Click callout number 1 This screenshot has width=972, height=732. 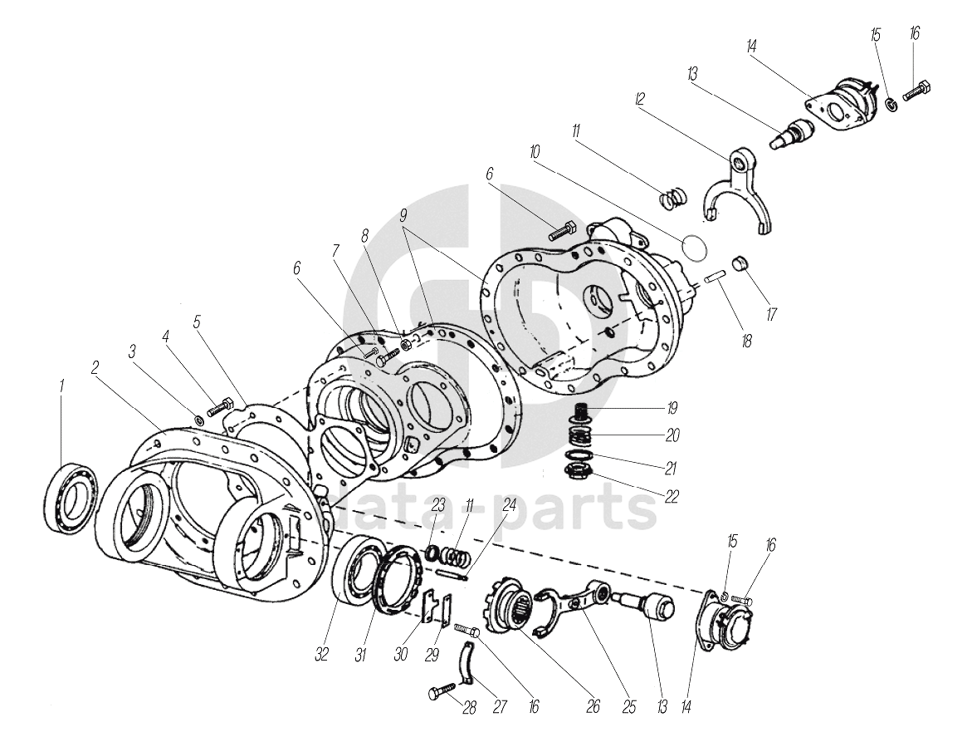click(61, 386)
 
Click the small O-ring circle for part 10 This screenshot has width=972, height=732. click(693, 245)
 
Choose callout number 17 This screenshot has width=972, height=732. click(770, 316)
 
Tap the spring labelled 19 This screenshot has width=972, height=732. click(584, 410)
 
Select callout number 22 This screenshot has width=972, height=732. click(672, 497)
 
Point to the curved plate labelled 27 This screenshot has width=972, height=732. click(467, 666)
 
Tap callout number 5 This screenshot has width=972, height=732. click(197, 321)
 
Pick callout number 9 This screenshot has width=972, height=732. click(403, 214)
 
